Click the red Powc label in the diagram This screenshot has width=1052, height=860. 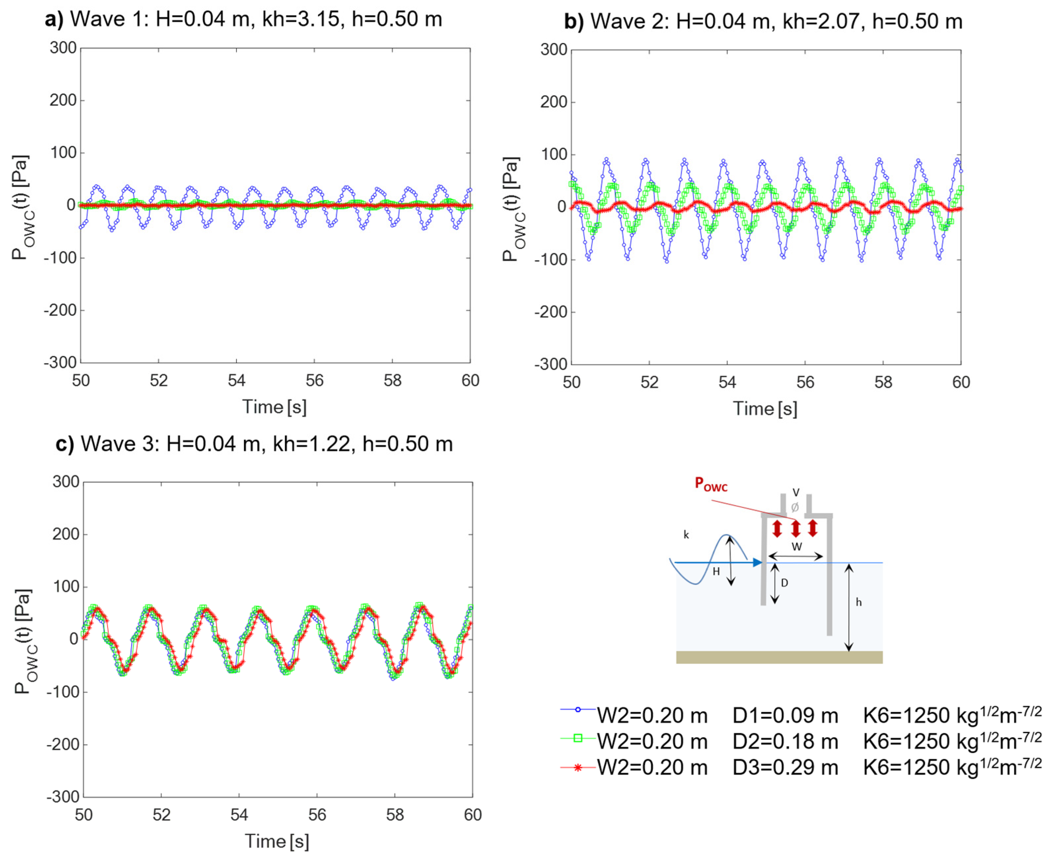pos(710,484)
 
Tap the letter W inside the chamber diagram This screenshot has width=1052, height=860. pos(796,546)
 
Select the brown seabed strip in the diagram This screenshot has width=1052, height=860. pos(779,657)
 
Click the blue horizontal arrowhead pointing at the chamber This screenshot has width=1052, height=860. pos(757,562)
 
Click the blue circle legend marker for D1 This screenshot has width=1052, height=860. pos(578,709)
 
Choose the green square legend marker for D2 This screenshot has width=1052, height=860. pos(578,738)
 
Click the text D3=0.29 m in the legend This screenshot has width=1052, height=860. pos(785,768)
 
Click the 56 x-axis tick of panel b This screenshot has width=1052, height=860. pos(805,382)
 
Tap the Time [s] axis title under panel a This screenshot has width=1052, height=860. pos(274,407)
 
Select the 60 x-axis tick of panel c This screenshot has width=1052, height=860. pos(473,815)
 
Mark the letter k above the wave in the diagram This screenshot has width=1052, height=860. pos(686,535)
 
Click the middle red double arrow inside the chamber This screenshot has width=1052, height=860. pos(795,528)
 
